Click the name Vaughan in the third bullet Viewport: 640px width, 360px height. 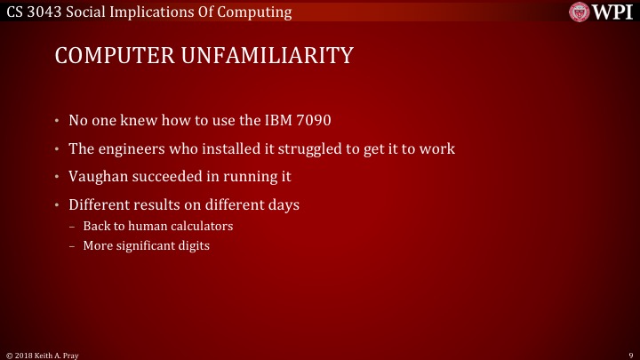click(x=97, y=176)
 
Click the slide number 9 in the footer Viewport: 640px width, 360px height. click(x=629, y=354)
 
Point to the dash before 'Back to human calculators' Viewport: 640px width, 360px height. click(x=72, y=226)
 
